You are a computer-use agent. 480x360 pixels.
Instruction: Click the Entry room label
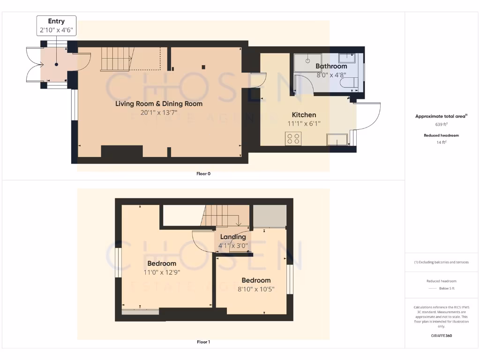click(x=56, y=21)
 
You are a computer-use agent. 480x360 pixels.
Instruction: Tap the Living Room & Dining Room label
click(x=159, y=104)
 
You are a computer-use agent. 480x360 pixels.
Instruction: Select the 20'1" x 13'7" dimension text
click(x=159, y=112)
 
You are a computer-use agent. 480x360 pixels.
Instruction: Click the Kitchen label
click(x=304, y=115)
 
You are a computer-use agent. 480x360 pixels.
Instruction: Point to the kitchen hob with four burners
click(x=294, y=139)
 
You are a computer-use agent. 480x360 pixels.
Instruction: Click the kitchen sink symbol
click(x=337, y=140)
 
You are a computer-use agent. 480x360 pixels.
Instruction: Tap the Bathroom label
click(x=331, y=67)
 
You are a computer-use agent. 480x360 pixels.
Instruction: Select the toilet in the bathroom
click(x=349, y=83)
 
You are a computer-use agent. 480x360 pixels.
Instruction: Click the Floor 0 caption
click(x=203, y=173)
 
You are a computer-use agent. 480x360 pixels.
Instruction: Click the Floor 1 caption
click(x=203, y=342)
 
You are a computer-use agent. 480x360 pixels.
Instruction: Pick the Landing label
click(x=233, y=237)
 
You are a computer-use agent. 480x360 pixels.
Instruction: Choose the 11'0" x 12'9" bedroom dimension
click(x=162, y=271)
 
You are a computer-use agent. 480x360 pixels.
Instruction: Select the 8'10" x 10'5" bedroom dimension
click(x=256, y=289)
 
